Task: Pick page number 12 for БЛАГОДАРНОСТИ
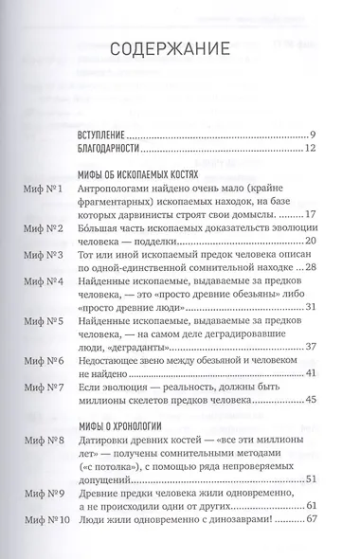(x=322, y=150)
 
